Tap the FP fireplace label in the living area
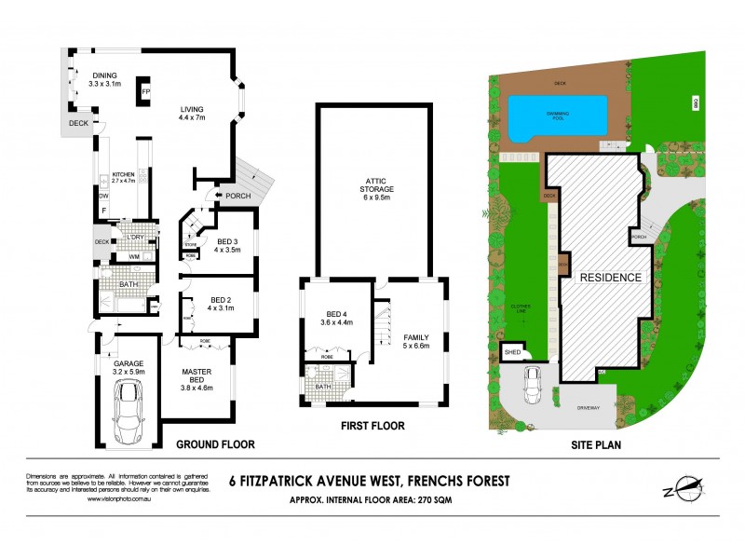pos(145,93)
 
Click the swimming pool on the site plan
pos(555,116)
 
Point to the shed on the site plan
pos(511,353)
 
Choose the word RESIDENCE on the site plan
pos(611,278)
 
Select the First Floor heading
pos(372,426)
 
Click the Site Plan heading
pos(596,445)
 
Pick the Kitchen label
pos(125,177)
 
